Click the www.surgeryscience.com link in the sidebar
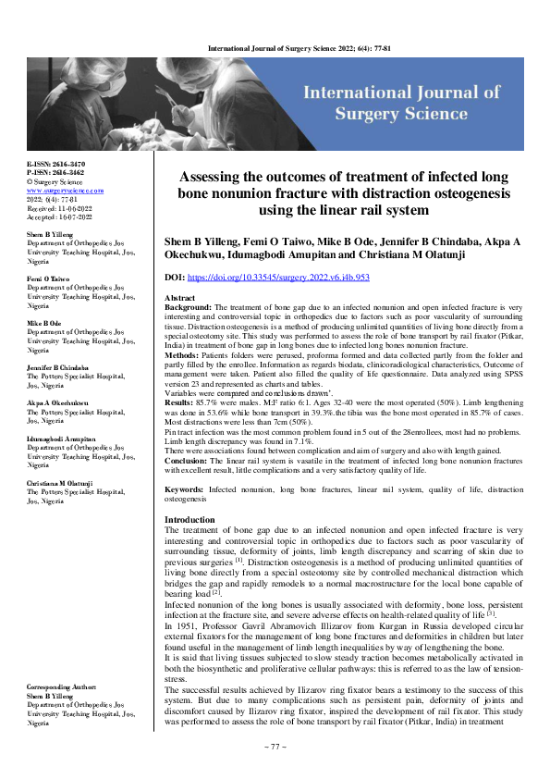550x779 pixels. [x=66, y=190]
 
